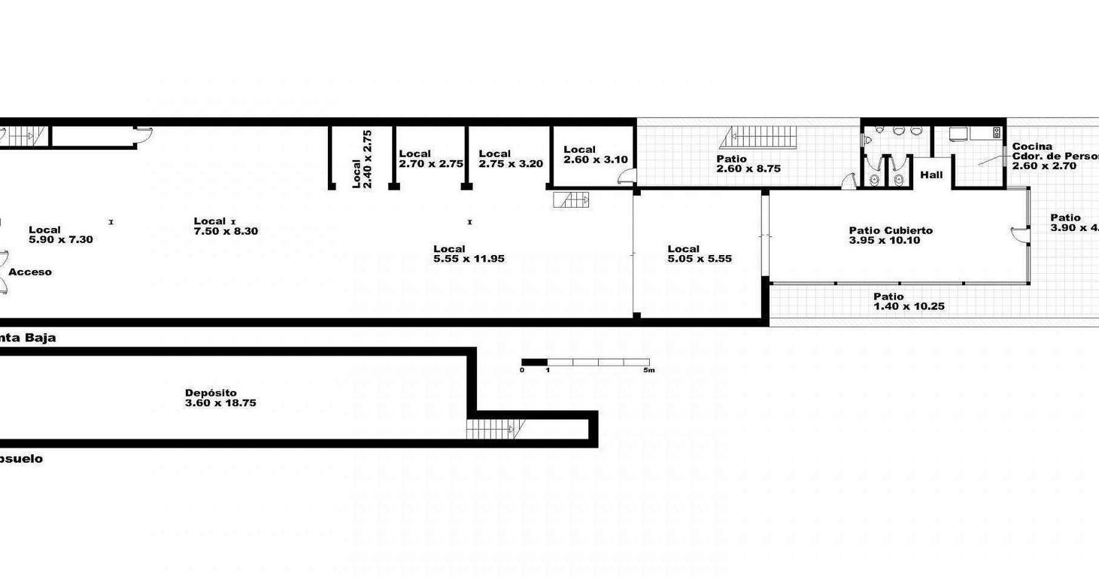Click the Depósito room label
[x=211, y=393]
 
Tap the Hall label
[x=931, y=175]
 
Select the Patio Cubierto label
[x=891, y=231]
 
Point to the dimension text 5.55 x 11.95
[x=469, y=259]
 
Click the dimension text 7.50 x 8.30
[x=226, y=232]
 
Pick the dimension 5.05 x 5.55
[x=700, y=259]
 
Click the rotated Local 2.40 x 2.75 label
[x=362, y=159]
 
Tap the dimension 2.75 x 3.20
[x=511, y=164]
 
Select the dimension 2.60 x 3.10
[x=595, y=159]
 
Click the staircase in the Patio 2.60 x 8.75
[x=761, y=137]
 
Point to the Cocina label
[x=1032, y=147]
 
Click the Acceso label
[x=30, y=272]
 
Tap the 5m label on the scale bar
[x=648, y=370]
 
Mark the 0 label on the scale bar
[x=522, y=370]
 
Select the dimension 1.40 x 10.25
[x=909, y=307]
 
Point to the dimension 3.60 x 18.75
[x=220, y=403]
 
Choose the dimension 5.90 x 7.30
[x=60, y=240]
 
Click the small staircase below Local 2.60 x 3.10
[x=571, y=200]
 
